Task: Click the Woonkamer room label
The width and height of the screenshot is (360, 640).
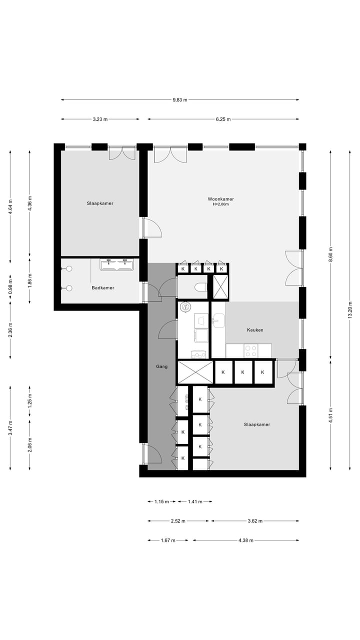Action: click(220, 199)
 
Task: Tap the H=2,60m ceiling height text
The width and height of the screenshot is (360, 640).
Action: click(220, 204)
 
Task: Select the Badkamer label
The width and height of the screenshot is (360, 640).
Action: click(103, 288)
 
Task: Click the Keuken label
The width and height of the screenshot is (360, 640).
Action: click(255, 330)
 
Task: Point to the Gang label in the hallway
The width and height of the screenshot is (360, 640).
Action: click(161, 366)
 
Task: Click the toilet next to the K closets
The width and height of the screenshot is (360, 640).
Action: click(199, 288)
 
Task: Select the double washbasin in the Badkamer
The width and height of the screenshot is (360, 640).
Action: click(117, 264)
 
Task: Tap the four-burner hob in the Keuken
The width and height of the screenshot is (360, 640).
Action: click(250, 350)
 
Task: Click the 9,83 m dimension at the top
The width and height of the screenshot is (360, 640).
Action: click(180, 100)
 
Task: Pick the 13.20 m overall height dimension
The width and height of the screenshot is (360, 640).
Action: click(350, 308)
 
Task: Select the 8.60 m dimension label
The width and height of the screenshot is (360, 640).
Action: click(330, 255)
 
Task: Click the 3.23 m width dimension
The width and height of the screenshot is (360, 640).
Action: click(100, 119)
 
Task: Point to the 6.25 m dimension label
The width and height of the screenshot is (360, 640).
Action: click(223, 119)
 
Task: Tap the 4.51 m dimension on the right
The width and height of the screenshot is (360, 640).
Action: click(330, 415)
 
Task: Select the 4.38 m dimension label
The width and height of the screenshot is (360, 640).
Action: click(245, 540)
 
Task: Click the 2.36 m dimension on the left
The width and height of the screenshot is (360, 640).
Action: click(10, 329)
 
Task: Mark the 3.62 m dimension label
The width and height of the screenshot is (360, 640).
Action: click(255, 521)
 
